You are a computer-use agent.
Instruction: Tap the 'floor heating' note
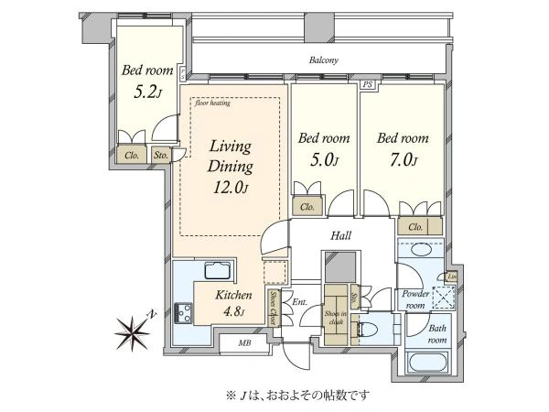(x=211, y=103)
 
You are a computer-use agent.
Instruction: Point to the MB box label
(x=245, y=343)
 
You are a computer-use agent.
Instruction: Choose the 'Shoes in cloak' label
(x=336, y=318)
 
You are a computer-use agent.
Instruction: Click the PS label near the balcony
(x=368, y=85)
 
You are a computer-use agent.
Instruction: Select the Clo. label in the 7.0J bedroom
(x=414, y=226)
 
